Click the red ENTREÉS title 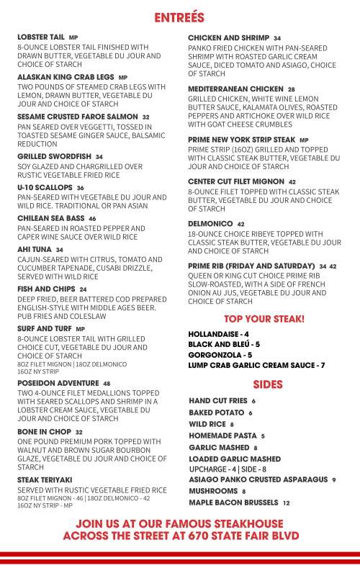tap(179, 17)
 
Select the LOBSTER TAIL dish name tap(41, 37)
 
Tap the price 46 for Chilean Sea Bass tap(92, 218)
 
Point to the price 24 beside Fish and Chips tap(83, 289)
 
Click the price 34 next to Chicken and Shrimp tap(277, 37)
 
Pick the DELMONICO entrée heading tap(210, 224)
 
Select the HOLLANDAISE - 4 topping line tap(218, 335)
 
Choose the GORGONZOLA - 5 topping tap(220, 355)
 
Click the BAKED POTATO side tap(216, 413)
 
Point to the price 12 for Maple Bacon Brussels tap(286, 502)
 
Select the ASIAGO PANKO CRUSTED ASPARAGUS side tap(257, 479)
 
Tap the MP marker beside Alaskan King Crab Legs tap(122, 77)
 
